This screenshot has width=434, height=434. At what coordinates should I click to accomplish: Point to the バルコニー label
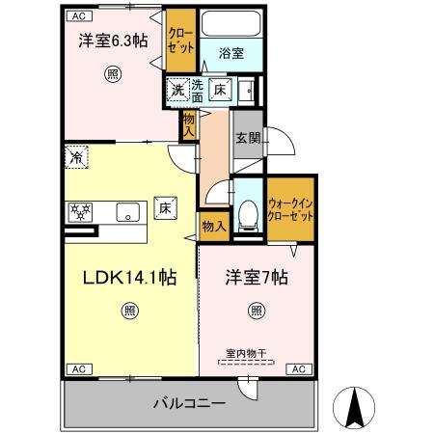coord(189,402)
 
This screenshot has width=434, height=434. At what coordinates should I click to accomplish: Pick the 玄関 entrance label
coord(247,138)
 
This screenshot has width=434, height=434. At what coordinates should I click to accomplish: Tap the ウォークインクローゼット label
coord(290,209)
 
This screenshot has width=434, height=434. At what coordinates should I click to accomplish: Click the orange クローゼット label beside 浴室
coord(178,39)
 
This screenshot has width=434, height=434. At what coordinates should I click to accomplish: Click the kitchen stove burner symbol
coord(80,210)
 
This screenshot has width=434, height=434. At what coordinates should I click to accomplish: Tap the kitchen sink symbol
coord(125,212)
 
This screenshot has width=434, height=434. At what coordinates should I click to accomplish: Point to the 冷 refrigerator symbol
coord(76,154)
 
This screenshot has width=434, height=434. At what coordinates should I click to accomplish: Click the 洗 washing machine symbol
coord(177,91)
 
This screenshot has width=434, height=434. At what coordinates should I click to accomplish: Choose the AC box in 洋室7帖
coord(298,369)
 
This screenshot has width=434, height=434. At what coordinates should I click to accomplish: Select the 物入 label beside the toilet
coord(214,227)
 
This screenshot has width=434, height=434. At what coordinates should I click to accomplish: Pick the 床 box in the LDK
coord(165,207)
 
